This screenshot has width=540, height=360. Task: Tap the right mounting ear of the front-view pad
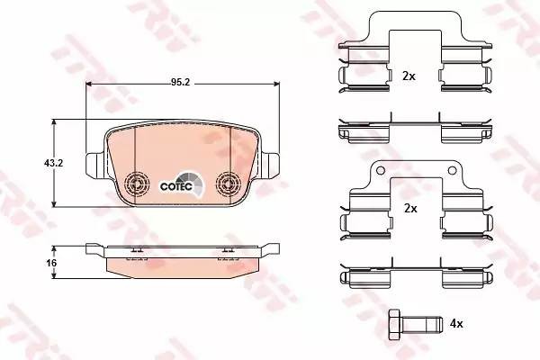272,166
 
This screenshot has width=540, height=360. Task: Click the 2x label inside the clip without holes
409,76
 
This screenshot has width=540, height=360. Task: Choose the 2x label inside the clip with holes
410,208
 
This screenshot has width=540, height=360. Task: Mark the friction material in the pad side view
181,267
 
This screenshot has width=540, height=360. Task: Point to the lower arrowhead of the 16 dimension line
58,276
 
